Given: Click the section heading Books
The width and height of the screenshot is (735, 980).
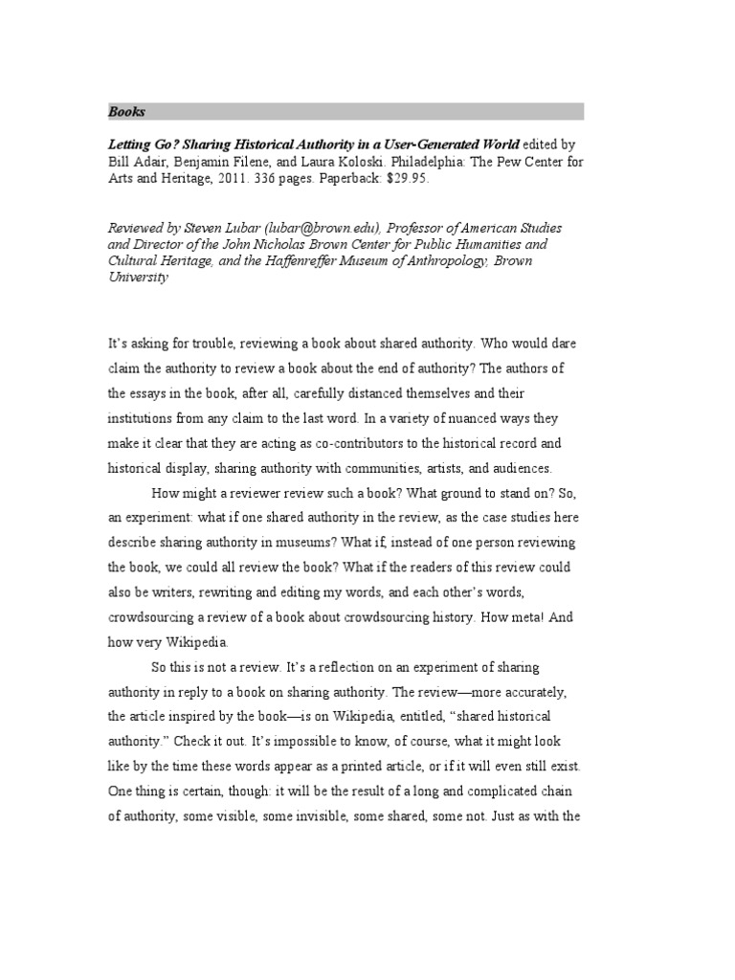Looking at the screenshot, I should pos(126,112).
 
